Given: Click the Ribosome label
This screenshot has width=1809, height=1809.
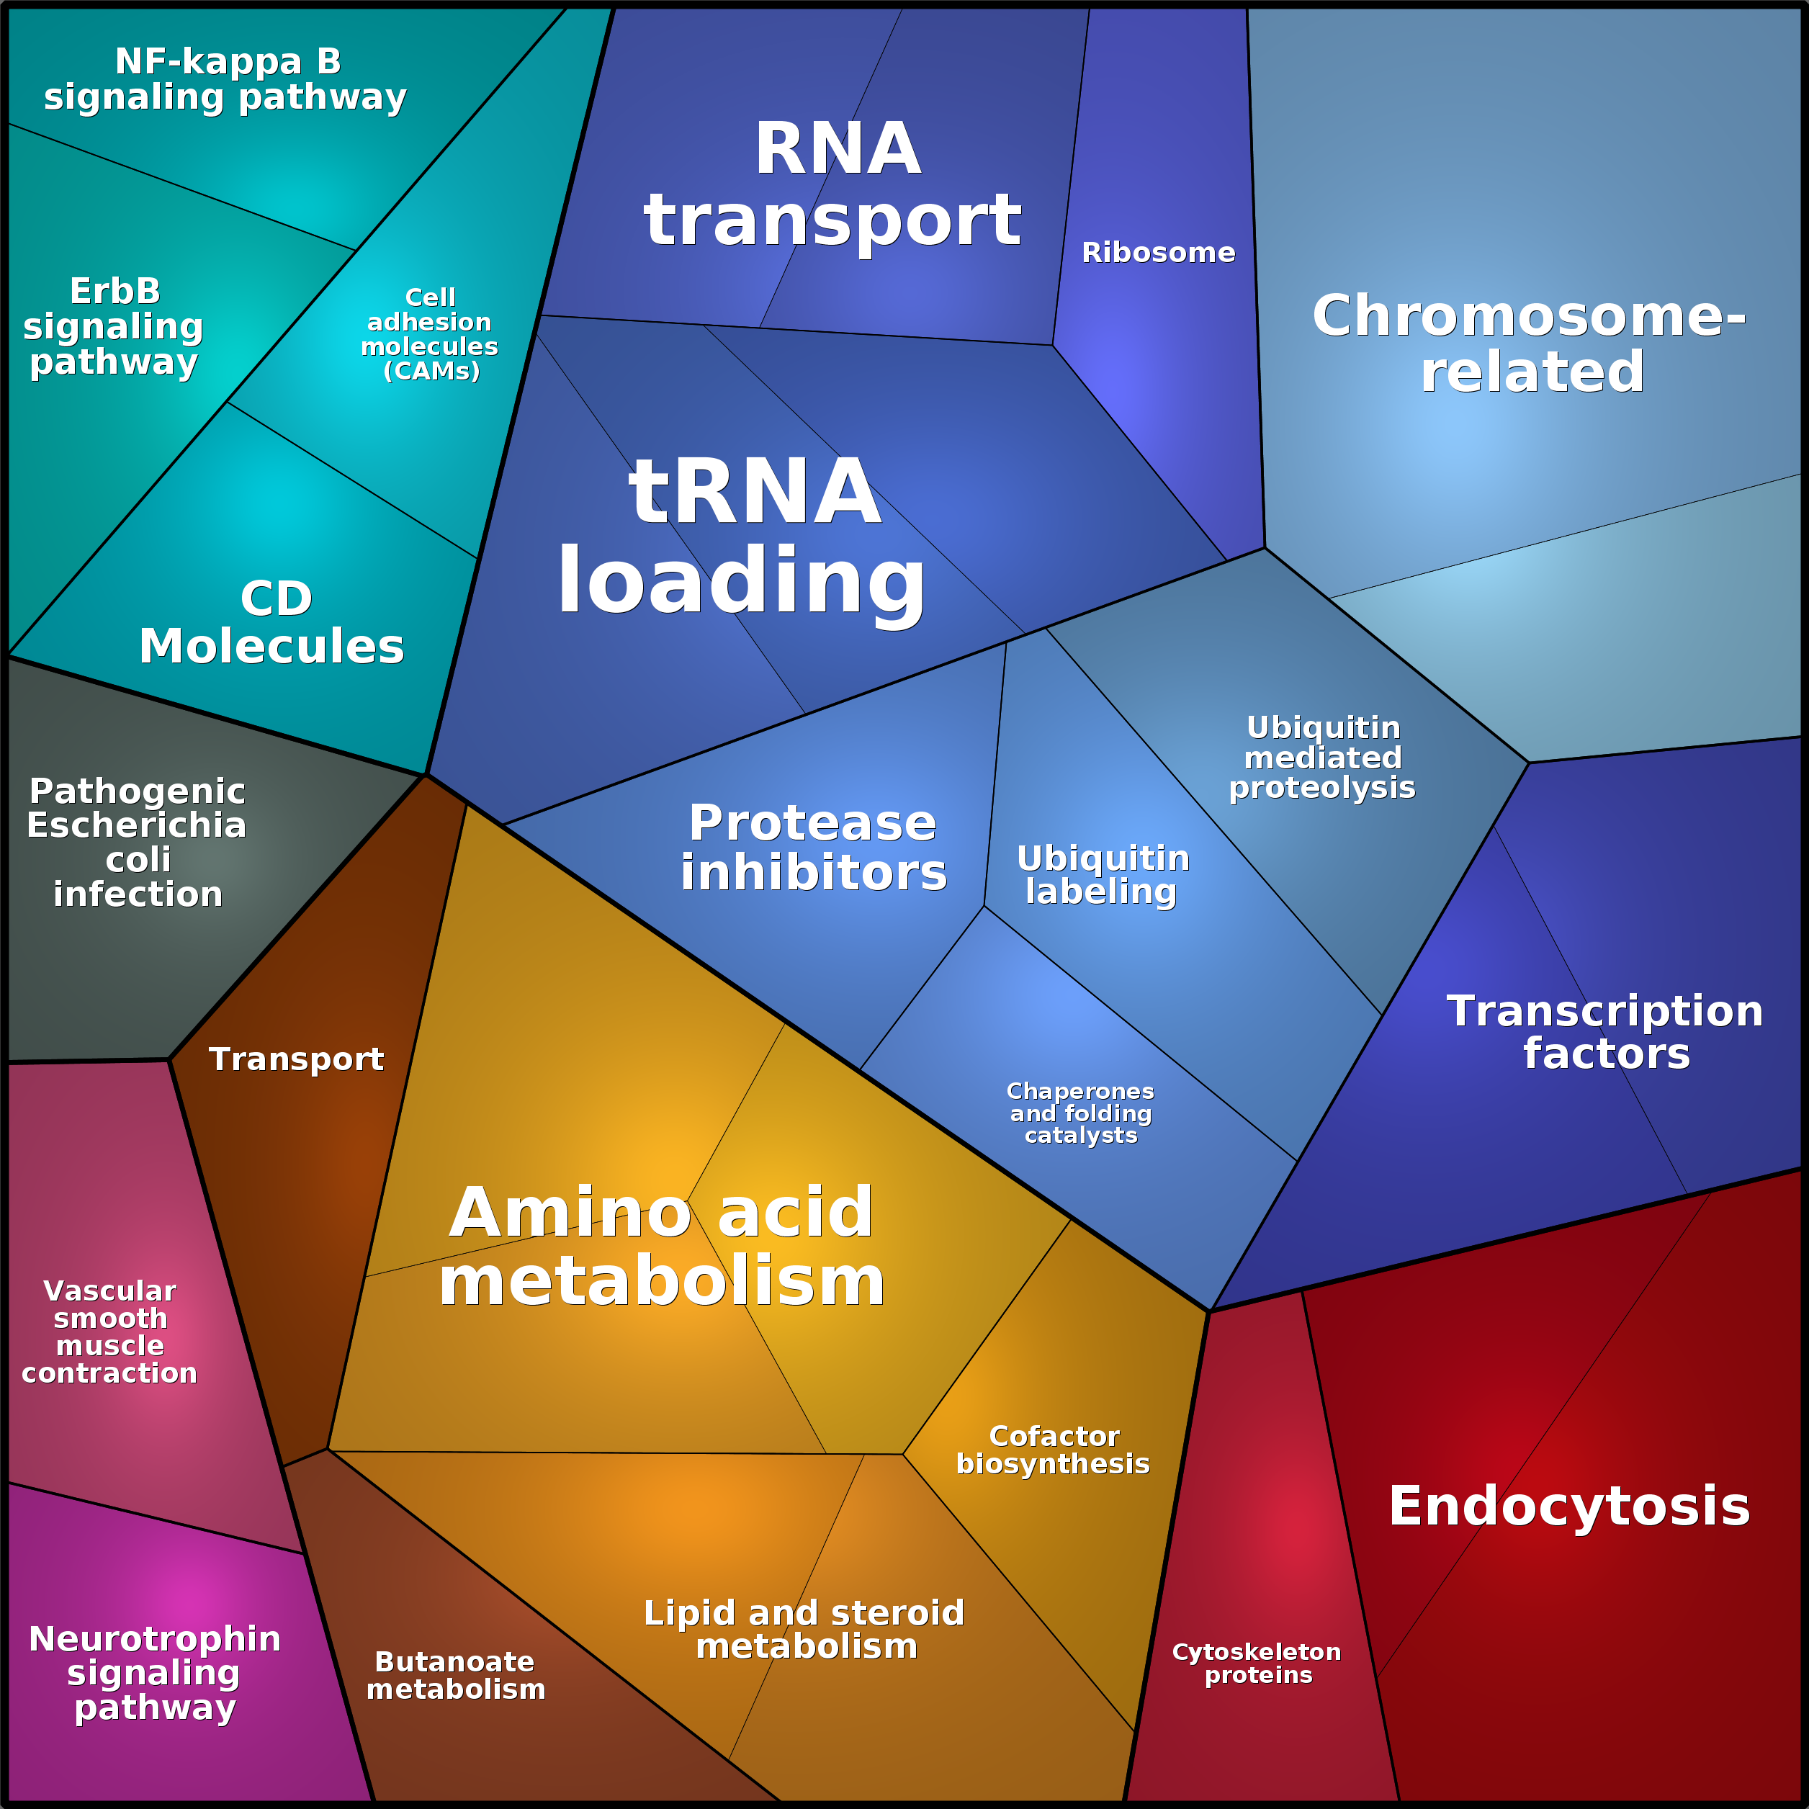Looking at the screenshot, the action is (x=1158, y=253).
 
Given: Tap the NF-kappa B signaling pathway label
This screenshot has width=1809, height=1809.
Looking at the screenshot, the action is (x=225, y=80).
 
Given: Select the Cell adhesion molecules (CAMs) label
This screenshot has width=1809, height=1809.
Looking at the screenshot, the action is (x=430, y=334).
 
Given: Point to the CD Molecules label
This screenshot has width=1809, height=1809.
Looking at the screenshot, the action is (x=271, y=623).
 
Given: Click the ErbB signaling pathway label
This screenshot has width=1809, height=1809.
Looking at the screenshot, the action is (x=113, y=327).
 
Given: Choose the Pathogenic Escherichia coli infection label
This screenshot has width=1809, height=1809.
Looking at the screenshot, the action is (x=137, y=843).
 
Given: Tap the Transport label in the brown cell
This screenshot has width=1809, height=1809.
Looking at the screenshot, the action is (x=296, y=1059).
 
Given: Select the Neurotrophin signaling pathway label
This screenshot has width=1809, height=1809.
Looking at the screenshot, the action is (x=155, y=1673).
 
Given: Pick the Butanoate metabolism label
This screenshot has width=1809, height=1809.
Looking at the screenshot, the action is (x=455, y=1676).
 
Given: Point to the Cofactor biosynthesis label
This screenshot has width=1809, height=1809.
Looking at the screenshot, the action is (x=1054, y=1450).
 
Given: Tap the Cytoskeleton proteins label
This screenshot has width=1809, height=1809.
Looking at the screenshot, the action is (x=1257, y=1664).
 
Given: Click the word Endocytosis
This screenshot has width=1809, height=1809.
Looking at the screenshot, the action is (x=1569, y=1507).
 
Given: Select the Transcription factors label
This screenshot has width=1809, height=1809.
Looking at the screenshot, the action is (x=1606, y=1032).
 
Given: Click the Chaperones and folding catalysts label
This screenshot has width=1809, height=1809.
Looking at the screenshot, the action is (x=1080, y=1113).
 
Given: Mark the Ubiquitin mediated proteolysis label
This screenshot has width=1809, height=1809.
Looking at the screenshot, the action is (x=1322, y=758).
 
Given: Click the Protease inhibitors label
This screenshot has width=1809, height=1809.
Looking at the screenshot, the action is (x=813, y=848).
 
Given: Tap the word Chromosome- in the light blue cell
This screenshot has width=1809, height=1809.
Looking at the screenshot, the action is (x=1529, y=315).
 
